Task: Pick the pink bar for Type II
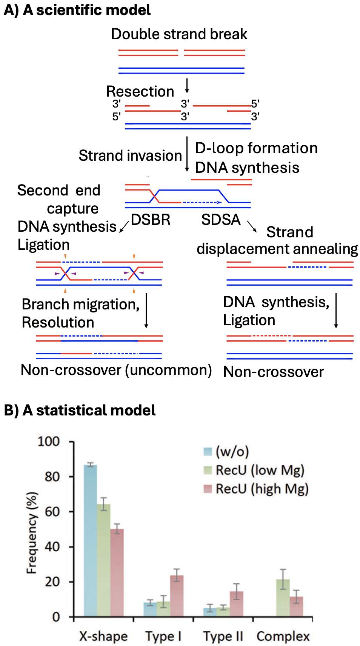point(236,603)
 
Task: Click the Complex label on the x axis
point(283,636)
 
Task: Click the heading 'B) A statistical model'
point(80,410)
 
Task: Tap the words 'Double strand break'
point(179,34)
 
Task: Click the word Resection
point(140,91)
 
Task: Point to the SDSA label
point(221,220)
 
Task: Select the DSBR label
point(151,220)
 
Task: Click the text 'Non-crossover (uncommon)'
point(116,370)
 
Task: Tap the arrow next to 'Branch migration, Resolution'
point(146,311)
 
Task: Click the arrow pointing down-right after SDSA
point(252,226)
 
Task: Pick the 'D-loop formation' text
point(256,148)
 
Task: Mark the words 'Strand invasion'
point(130,155)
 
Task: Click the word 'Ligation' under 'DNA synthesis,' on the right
point(249,320)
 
